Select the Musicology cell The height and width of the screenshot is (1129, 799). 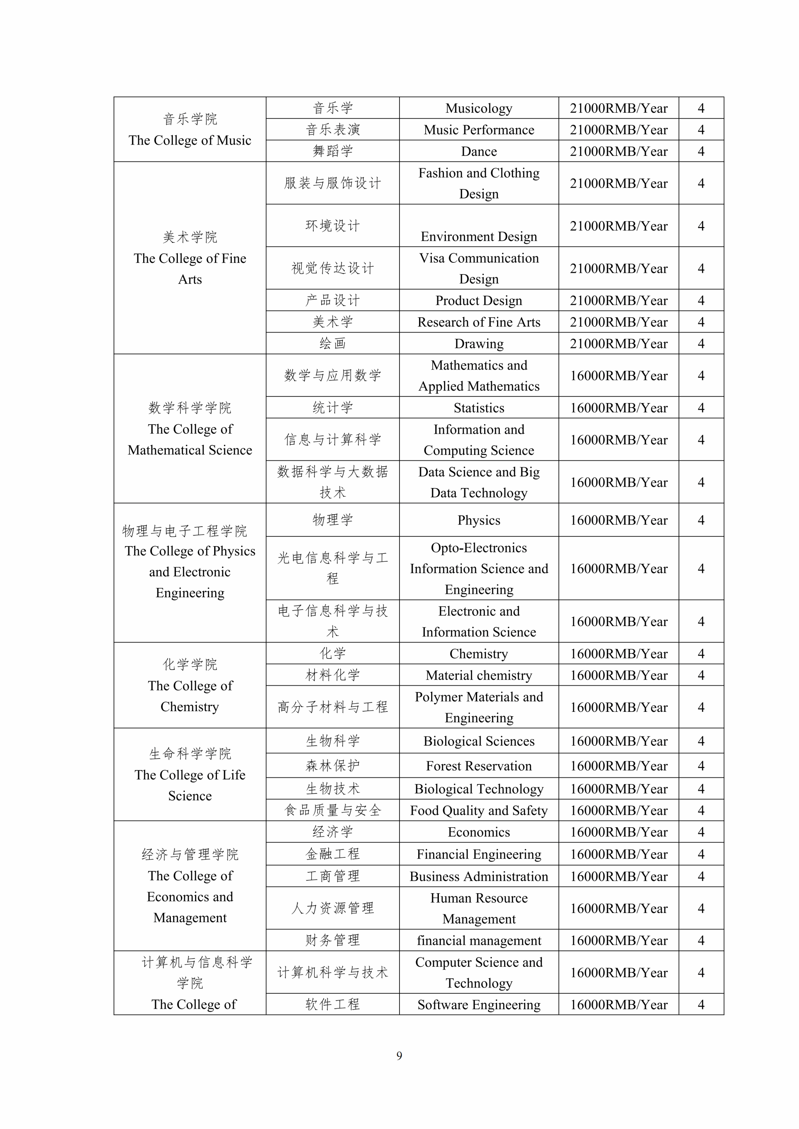479,108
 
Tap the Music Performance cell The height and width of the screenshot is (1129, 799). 479,130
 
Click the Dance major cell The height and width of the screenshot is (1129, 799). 479,151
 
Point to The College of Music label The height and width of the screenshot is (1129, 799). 190,140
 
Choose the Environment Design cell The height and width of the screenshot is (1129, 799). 479,237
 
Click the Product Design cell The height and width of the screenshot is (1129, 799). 479,301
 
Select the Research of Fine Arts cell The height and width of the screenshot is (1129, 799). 479,322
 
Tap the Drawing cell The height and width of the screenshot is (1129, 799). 479,344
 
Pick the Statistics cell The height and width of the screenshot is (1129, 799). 479,408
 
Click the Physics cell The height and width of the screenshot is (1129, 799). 479,520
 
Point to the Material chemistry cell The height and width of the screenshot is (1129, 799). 479,675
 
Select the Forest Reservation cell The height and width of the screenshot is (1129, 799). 479,766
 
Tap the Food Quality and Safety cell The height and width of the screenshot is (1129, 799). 479,810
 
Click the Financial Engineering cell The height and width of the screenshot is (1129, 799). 479,854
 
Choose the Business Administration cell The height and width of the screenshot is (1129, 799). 479,876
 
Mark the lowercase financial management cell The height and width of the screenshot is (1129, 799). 479,940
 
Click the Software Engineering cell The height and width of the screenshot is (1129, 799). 479,1005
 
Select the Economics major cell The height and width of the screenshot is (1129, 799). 479,832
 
